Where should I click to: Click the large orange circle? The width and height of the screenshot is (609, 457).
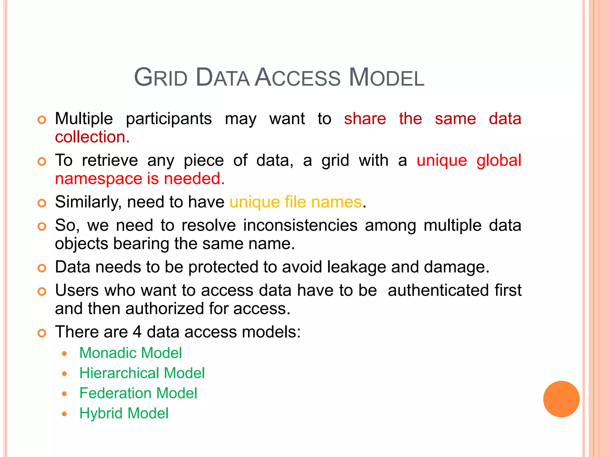coord(561,399)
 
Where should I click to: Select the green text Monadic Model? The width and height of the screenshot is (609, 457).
coord(131,353)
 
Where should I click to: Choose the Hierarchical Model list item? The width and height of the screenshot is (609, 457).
coord(142,373)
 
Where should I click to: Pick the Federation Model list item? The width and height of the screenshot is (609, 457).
coord(138,393)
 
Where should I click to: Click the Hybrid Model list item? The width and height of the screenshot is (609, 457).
coord(124,413)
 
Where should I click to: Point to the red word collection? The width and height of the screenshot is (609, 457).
coord(92,137)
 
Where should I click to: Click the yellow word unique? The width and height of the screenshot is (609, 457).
coord(255,202)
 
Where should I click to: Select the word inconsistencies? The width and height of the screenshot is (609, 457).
coord(300,225)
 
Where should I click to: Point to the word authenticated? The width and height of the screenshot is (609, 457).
coord(438,290)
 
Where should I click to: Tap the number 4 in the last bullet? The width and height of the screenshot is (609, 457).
coord(137,332)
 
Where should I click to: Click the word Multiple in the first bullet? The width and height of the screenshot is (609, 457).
coord(84,119)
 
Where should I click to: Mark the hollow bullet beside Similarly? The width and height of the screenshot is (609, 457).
coord(42,203)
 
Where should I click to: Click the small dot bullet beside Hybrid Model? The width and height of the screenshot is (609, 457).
coord(64,414)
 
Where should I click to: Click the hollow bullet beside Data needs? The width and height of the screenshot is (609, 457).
coord(42,268)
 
